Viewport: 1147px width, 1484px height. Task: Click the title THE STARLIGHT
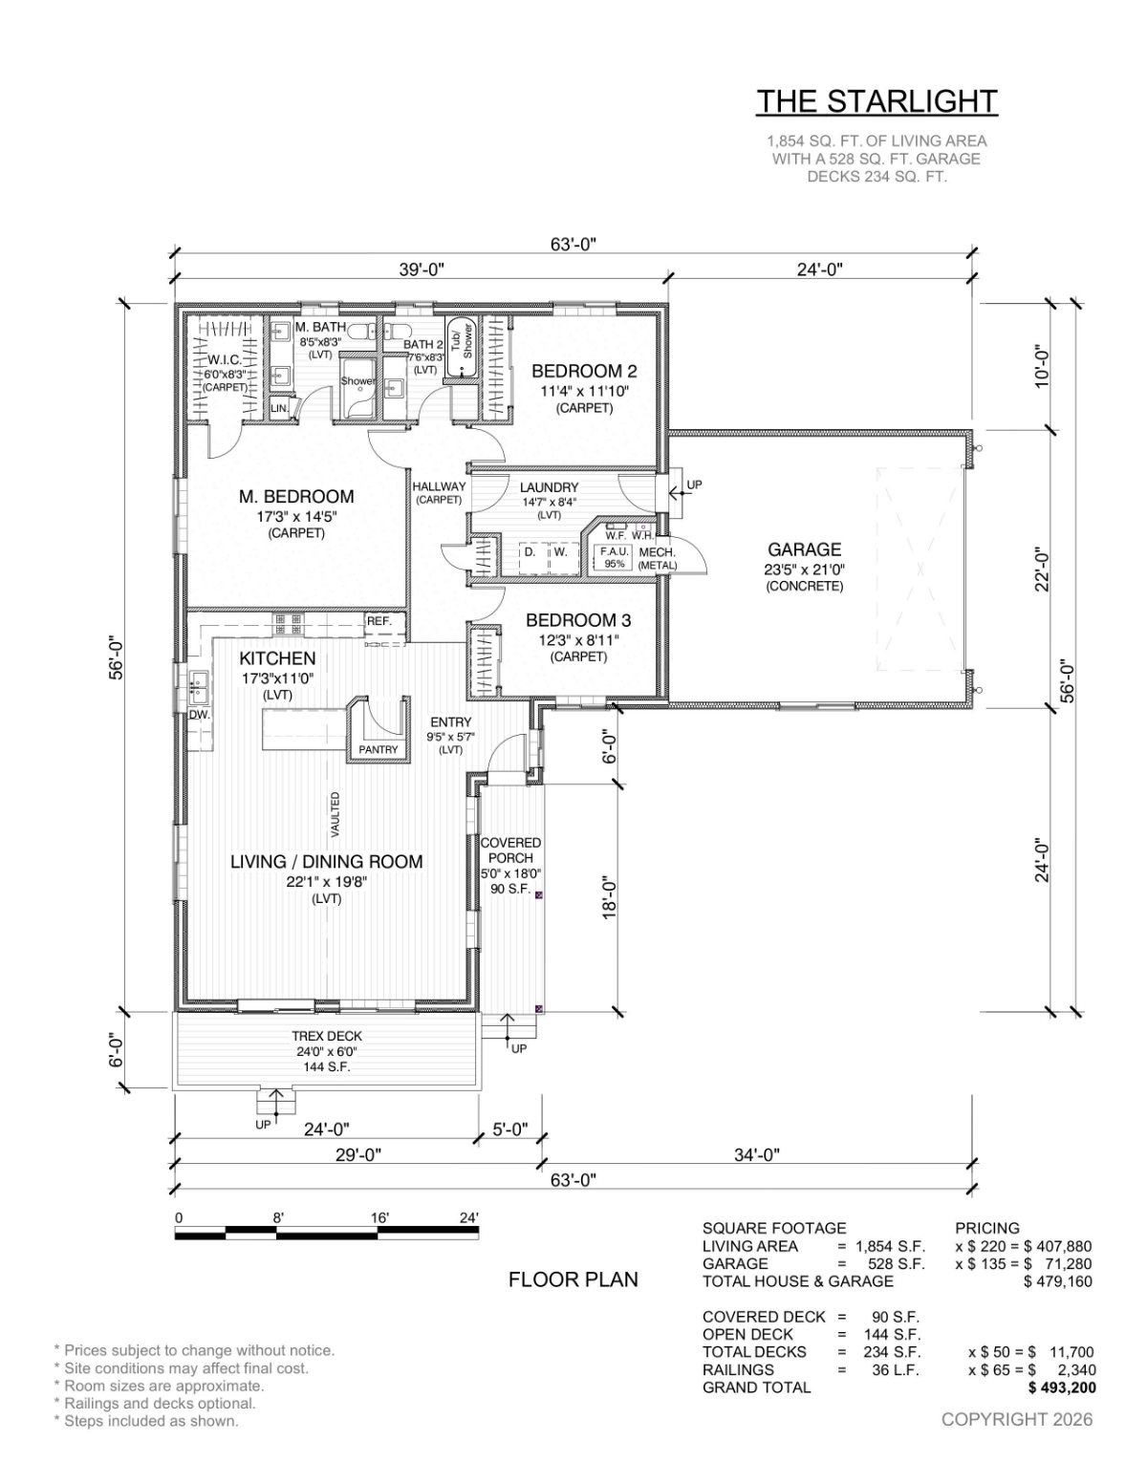876,101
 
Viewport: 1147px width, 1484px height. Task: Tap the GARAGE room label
804,549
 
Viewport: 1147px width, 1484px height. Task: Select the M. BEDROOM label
296,497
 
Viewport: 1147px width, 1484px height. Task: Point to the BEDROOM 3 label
578,621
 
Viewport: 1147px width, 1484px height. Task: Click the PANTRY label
379,749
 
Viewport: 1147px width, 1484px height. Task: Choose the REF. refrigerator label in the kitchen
379,621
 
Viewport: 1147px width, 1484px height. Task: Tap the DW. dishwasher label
200,715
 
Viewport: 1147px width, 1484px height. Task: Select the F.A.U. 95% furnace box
615,557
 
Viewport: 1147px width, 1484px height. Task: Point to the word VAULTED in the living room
335,814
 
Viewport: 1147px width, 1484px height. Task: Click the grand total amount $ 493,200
1062,1387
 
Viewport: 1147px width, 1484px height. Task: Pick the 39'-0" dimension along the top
422,269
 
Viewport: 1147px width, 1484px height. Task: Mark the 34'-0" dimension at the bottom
757,1155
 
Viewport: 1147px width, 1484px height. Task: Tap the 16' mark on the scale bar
379,1218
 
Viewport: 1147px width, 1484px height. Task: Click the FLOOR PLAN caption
573,1280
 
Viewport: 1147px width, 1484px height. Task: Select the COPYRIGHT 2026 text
1016,1419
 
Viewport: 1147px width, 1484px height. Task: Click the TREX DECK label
327,1036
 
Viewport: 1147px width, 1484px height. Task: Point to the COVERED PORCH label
510,850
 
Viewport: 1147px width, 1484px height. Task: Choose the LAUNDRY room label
549,487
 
